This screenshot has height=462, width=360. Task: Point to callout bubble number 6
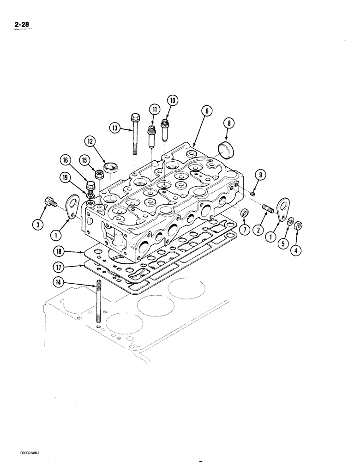click(206, 110)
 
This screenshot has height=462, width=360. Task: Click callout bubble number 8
click(228, 123)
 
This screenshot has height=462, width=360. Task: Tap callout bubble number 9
click(261, 175)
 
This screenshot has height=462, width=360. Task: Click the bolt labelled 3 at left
click(50, 202)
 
